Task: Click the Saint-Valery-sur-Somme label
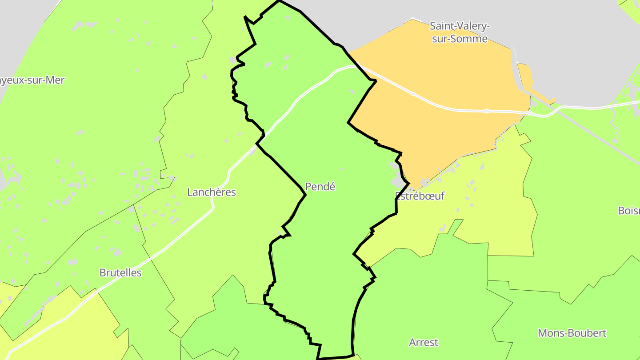click(460, 32)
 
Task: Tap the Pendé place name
click(320, 187)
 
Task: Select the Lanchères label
click(211, 192)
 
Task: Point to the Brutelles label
click(120, 272)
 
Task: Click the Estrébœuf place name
click(420, 196)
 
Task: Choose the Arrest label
click(424, 342)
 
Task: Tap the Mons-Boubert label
click(572, 333)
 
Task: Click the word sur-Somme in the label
click(463, 39)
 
